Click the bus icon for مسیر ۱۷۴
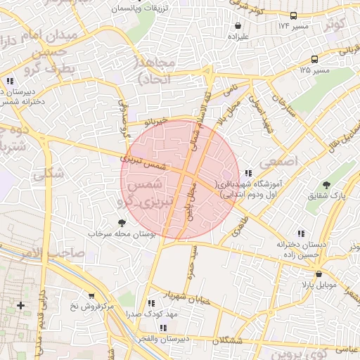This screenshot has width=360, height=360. click(293, 15)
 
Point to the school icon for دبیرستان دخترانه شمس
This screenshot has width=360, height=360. click(11, 80)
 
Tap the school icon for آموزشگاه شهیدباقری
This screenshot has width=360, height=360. click(247, 173)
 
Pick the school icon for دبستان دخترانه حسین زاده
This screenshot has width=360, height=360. click(301, 233)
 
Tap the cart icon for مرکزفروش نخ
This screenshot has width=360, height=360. click(91, 295)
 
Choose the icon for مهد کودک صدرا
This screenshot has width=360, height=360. click(151, 304)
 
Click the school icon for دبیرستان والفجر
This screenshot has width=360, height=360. click(164, 328)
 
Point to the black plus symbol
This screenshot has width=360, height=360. click(21, 305)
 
